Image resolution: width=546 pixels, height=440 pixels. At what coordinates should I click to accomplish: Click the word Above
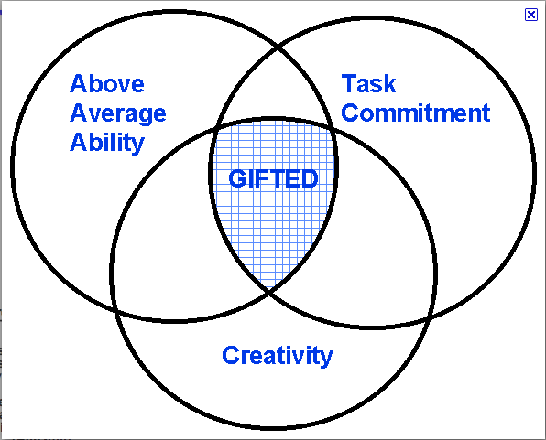(x=107, y=83)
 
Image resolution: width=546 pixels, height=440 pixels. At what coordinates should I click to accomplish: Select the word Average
(x=118, y=113)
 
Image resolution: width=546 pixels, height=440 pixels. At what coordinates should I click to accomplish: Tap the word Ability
(x=107, y=143)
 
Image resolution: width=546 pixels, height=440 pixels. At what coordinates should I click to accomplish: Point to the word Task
(x=369, y=83)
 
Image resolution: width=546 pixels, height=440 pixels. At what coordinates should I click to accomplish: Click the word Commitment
(x=416, y=113)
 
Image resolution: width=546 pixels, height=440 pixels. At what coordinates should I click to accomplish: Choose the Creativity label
(x=278, y=356)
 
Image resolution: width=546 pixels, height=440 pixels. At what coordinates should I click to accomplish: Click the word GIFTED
(x=273, y=178)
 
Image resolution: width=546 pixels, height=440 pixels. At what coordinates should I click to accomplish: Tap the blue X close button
(x=531, y=15)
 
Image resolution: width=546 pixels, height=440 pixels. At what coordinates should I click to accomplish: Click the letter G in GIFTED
(x=237, y=178)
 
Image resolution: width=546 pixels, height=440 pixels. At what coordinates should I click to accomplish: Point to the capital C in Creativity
(x=231, y=355)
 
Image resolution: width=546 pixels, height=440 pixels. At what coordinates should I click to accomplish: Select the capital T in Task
(x=350, y=83)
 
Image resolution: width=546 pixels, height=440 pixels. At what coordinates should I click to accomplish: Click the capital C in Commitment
(x=350, y=113)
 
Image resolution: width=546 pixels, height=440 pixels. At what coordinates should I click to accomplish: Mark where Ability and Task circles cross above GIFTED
(x=278, y=48)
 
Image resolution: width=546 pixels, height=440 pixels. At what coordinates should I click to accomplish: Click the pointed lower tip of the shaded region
(x=269, y=291)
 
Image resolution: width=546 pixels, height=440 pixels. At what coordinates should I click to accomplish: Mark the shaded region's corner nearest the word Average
(x=216, y=128)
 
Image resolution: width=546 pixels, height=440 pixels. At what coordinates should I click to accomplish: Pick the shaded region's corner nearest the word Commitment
(x=333, y=127)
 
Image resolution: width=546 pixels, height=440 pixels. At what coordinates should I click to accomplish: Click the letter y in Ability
(x=138, y=145)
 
